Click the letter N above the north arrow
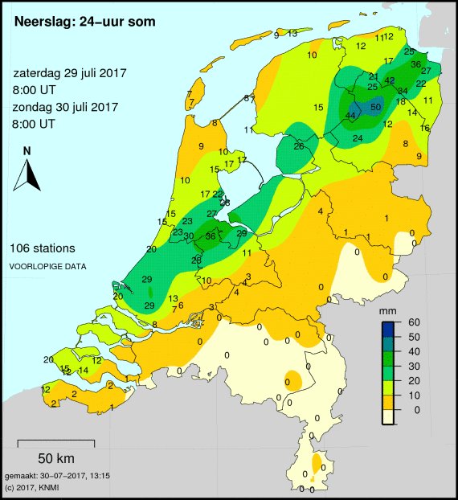(27, 150)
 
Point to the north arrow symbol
(27, 175)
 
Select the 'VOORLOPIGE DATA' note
(48, 265)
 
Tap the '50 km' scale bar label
(55, 459)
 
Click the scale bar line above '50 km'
(55, 441)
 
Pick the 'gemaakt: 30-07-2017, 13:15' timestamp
(57, 477)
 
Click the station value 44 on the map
(350, 116)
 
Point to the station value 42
(390, 81)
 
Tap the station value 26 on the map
(298, 146)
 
